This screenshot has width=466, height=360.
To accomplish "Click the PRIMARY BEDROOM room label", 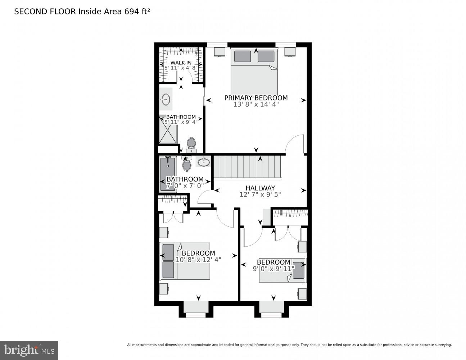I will point(256,98).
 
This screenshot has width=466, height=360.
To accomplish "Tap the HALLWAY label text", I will point(260,188).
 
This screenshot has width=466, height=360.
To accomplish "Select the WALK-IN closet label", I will point(181,63).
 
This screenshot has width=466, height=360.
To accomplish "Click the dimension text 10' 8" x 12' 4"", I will point(198,259).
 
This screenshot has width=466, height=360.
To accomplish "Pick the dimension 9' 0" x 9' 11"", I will point(273,268).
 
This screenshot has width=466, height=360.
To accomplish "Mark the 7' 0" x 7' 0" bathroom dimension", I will point(185,185).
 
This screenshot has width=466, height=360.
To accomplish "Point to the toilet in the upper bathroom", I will point(191,144).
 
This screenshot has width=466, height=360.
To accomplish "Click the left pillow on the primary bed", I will point(243,57).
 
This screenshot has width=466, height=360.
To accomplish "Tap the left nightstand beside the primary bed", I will point(220,51).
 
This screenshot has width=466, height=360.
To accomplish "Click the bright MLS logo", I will point(29,350).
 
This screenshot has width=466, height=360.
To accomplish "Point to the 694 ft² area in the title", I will point(137,12).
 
